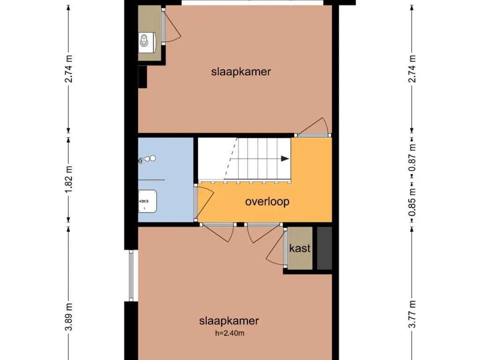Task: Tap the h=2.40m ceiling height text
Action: pos(229,334)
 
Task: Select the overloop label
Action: pos(267,202)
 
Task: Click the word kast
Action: pos(300,248)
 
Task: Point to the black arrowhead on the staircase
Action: pos(285,158)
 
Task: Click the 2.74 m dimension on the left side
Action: pos(69,69)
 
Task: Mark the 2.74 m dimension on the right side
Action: pos(412,69)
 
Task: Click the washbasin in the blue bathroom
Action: pos(147,201)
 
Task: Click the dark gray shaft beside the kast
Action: pos(324,248)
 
